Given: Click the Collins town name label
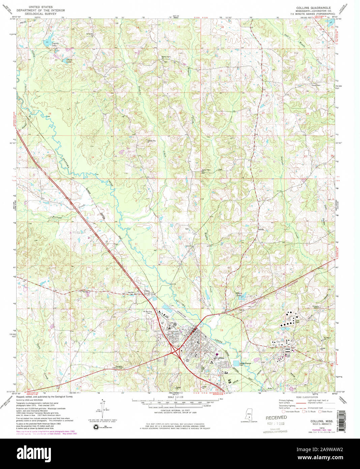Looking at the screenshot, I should click(220, 358).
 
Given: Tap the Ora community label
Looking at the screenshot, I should click(147, 291).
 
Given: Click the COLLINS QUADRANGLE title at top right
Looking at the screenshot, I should click(313, 7).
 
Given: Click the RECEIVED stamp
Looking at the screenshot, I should click(276, 418).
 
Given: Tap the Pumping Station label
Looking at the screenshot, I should click(316, 307).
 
